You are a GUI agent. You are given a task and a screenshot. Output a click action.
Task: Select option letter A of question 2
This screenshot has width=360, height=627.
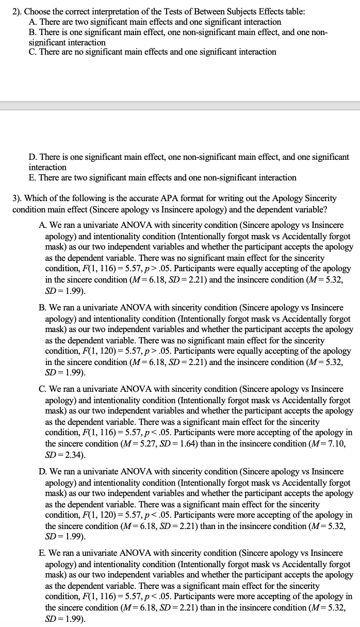point(32,22)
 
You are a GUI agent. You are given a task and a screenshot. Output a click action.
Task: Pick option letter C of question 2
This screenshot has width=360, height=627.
point(32,52)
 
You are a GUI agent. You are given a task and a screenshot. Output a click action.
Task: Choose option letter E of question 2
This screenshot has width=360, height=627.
point(32,178)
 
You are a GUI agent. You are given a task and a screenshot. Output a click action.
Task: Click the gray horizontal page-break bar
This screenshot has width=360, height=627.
point(180,106)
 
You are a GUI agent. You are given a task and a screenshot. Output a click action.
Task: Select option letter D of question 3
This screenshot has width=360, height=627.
point(42,472)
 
